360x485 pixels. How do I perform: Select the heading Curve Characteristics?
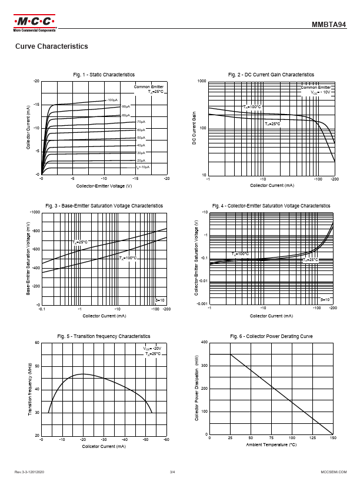[x=51, y=46]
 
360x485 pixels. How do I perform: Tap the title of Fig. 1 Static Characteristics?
[x=104, y=75]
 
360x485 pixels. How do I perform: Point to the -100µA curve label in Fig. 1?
[x=112, y=100]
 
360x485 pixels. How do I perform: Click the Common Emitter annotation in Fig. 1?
[x=149, y=86]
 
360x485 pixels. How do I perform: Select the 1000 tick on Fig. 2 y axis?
[x=202, y=81]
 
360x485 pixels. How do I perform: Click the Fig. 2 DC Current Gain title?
[x=271, y=75]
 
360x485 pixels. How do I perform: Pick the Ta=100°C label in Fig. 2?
[x=251, y=106]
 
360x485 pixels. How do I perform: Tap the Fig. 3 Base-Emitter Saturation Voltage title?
[x=104, y=206]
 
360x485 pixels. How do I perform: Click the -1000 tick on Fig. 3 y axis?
[x=34, y=212]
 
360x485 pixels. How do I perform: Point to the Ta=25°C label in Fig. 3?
[x=80, y=242]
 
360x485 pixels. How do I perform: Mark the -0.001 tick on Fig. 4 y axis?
[x=201, y=305]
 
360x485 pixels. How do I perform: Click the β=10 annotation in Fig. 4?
[x=325, y=300]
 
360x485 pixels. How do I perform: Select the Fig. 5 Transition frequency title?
[x=104, y=336]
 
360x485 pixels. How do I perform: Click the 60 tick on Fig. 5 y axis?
[x=36, y=342]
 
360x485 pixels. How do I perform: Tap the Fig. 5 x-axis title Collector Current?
[x=104, y=446]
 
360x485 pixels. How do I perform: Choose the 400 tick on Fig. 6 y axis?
[x=204, y=342]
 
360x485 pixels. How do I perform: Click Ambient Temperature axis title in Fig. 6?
[x=271, y=445]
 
